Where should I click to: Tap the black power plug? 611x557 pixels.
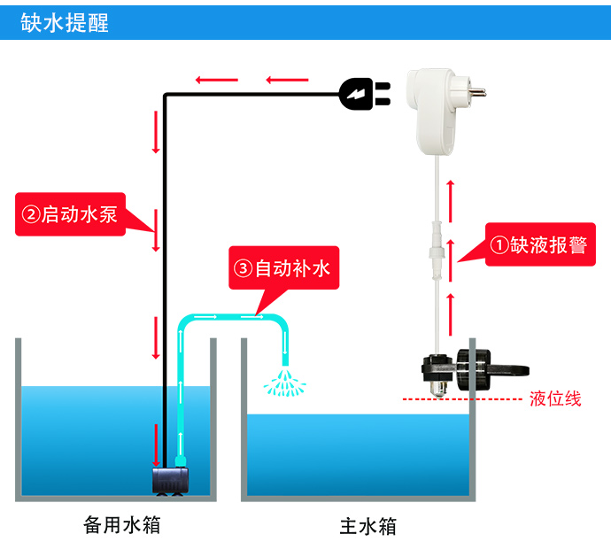[363, 92]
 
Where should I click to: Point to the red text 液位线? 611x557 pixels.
[555, 398]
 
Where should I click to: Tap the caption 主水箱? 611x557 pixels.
[367, 526]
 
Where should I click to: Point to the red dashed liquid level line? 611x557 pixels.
[460, 399]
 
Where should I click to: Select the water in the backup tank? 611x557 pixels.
[89, 434]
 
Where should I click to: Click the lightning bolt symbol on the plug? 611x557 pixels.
[356, 92]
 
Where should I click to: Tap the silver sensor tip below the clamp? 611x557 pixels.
[438, 387]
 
